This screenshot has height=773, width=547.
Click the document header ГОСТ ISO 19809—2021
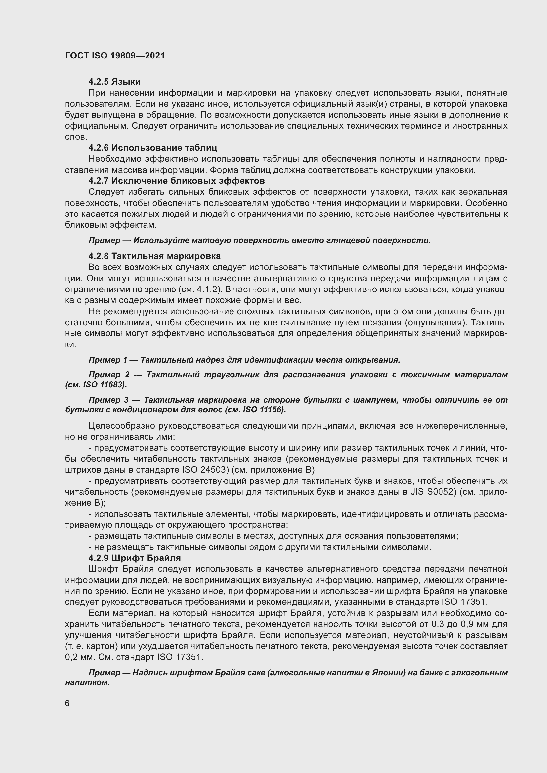click(x=115, y=56)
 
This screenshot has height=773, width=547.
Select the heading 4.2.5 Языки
click(x=114, y=82)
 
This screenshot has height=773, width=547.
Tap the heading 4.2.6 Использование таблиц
click(x=152, y=148)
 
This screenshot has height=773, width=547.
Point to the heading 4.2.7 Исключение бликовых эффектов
click(x=177, y=181)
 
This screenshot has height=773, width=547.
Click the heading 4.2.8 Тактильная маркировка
click(x=154, y=256)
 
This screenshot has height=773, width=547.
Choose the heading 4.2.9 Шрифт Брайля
click(x=135, y=558)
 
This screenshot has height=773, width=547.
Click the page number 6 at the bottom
click(x=67, y=703)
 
